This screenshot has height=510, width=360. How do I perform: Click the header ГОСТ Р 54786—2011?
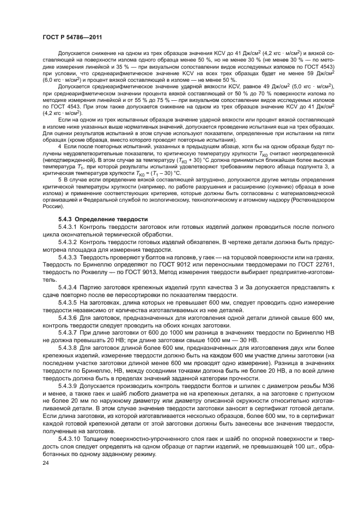click(64, 35)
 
